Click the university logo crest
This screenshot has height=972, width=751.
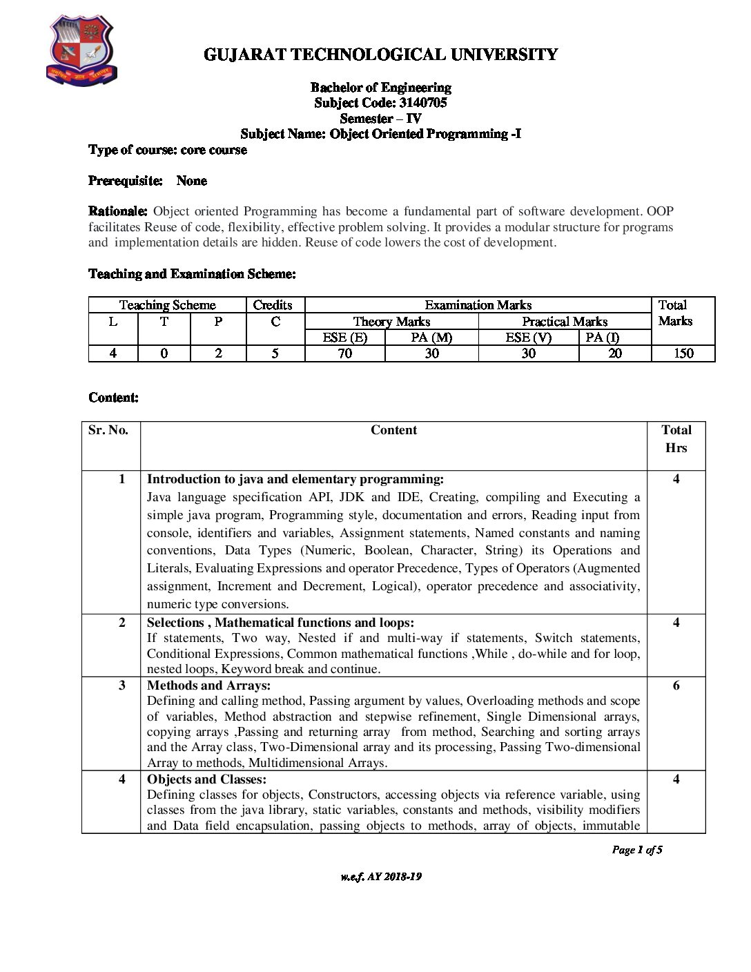81,52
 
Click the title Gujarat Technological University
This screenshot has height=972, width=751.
380,55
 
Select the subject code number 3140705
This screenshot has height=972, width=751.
422,103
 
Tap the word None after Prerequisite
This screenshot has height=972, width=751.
191,181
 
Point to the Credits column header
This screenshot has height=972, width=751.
273,305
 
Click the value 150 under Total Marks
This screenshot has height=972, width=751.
683,353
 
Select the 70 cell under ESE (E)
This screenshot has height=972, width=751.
344,353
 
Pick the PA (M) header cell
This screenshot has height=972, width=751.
431,338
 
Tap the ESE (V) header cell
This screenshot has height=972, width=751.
528,338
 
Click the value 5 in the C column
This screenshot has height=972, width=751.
275,353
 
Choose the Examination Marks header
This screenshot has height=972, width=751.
478,305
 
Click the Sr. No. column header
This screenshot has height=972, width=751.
108,430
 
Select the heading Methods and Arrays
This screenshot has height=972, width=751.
208,686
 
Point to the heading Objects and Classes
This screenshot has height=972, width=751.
206,779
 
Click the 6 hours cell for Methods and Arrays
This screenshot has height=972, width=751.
676,686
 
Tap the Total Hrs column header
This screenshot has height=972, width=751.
676,439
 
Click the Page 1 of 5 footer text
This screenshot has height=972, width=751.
636,850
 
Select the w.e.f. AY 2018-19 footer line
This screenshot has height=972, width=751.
380,877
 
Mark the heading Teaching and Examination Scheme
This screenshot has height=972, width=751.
192,274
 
